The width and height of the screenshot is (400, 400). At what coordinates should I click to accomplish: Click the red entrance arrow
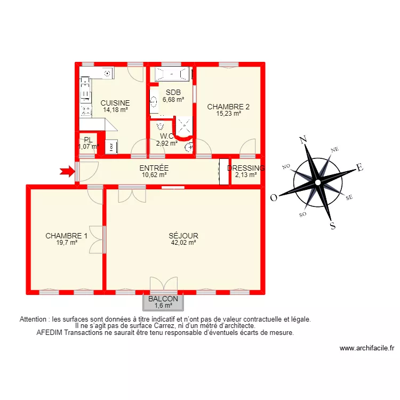click(x=66, y=171)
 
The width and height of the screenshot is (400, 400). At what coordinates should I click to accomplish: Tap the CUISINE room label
click(x=115, y=103)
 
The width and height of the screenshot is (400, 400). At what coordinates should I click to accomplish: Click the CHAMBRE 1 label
click(x=66, y=236)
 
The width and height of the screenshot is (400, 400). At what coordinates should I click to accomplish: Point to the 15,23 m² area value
click(x=228, y=113)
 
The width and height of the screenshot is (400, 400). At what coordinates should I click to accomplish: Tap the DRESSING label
click(x=246, y=168)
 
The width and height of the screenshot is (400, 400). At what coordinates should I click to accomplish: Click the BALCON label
click(x=163, y=299)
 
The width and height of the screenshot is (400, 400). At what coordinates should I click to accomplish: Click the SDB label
click(x=173, y=92)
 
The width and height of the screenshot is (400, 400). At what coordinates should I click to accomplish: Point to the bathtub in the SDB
click(x=171, y=74)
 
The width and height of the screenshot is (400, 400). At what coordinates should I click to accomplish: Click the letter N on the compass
click(x=303, y=140)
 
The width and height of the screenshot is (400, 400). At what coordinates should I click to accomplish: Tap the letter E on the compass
click(x=359, y=168)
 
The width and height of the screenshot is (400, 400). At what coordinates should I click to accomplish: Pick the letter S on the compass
click(x=333, y=226)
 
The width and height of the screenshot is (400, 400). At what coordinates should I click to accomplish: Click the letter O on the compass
click(x=274, y=198)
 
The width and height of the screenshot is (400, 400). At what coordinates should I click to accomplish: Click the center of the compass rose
click(x=318, y=182)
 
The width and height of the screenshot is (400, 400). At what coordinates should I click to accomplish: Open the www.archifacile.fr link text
click(x=366, y=348)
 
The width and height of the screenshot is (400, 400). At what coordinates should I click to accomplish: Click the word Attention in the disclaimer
click(x=35, y=319)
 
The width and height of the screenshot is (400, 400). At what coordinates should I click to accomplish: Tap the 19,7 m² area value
click(x=66, y=242)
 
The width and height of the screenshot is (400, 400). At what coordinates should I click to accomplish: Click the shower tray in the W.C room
click(x=185, y=125)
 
